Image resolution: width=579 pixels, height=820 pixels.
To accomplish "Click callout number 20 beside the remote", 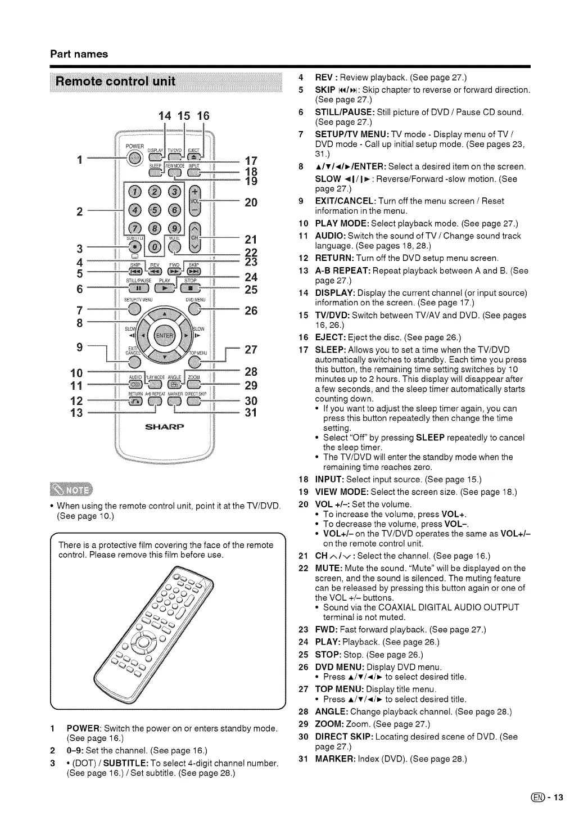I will (251, 202).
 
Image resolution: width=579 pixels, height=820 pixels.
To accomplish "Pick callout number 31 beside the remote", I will (251, 413).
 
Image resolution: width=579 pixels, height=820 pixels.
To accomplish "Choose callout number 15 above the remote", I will (184, 116).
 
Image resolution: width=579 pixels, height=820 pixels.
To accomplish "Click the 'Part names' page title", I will (79, 54).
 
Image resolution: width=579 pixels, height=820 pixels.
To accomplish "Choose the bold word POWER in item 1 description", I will (84, 729).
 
